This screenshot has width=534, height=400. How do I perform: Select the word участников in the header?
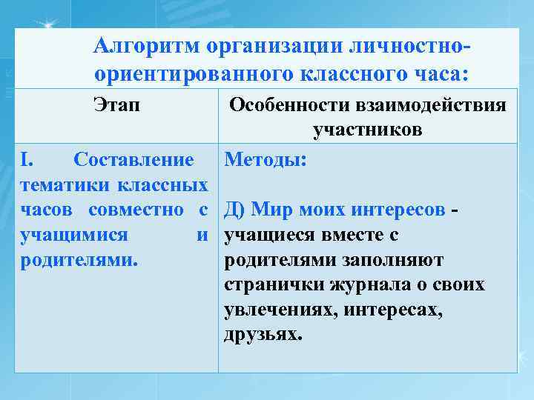point(368,130)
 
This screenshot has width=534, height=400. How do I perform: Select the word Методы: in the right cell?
point(266,159)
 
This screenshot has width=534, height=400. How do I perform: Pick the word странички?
point(269,285)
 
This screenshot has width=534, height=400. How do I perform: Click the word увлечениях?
point(271,310)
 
